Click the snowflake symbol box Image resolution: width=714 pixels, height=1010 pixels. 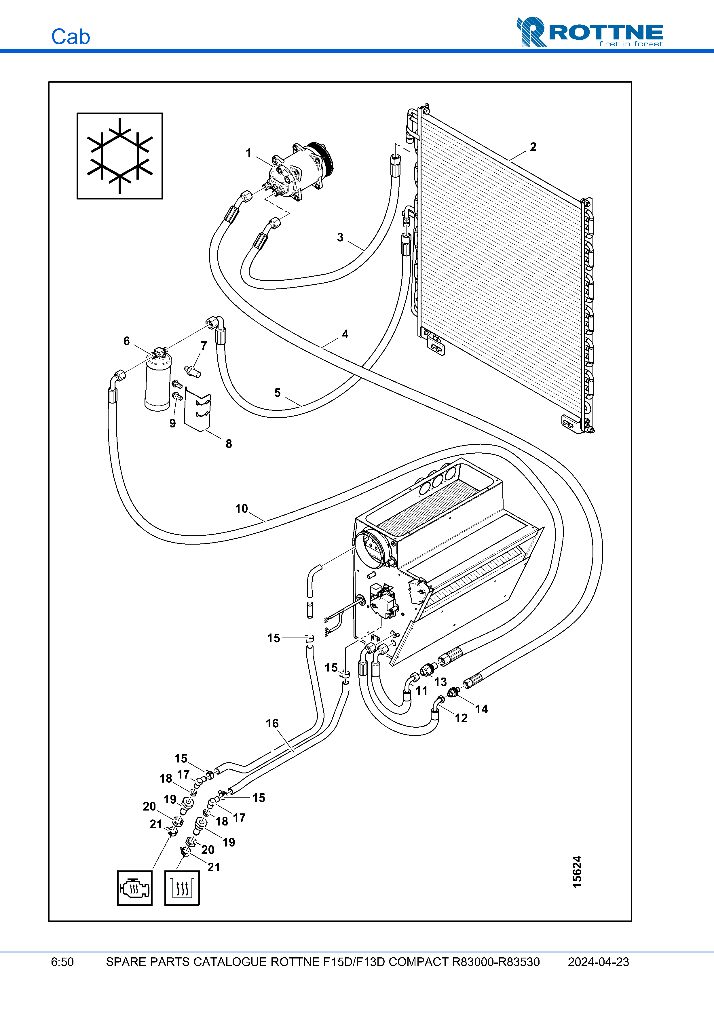point(120,156)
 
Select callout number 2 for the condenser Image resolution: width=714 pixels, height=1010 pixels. point(533,147)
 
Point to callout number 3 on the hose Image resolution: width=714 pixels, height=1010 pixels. point(340,237)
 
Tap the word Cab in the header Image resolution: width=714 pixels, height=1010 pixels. point(70,37)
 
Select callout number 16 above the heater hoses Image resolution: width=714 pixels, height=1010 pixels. point(272,723)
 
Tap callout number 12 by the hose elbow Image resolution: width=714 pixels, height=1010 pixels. point(461,718)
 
